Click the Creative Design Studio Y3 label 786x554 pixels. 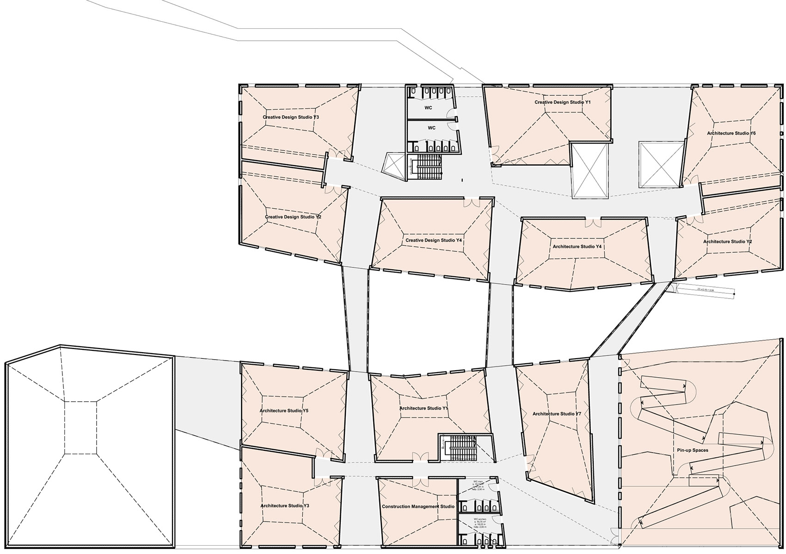pos(291,118)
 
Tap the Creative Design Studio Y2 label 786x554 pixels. pos(293,217)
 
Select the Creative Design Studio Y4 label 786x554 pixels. pos(433,241)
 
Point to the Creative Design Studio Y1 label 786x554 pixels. pos(563,102)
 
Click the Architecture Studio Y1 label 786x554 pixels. pos(424,408)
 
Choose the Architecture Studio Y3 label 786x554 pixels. pos(284,506)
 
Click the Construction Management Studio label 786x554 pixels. pos(418,507)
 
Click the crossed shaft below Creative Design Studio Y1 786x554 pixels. pos(589,171)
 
